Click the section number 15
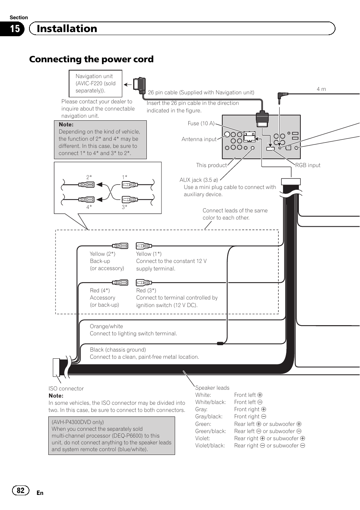point(15,29)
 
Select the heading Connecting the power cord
point(91,59)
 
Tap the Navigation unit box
point(95,83)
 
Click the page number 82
point(20,490)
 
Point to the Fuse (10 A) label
point(201,123)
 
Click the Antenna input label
point(199,139)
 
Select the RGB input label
point(308,165)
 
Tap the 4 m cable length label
point(321,89)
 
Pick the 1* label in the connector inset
point(125,177)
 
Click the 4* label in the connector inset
point(89,207)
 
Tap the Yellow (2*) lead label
point(102,254)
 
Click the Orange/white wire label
point(106,326)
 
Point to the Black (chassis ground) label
point(118,350)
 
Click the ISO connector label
point(66,389)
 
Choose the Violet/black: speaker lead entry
point(210,445)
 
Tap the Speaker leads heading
point(212,388)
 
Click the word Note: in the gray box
point(66,124)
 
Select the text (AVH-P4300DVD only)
point(78,422)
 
